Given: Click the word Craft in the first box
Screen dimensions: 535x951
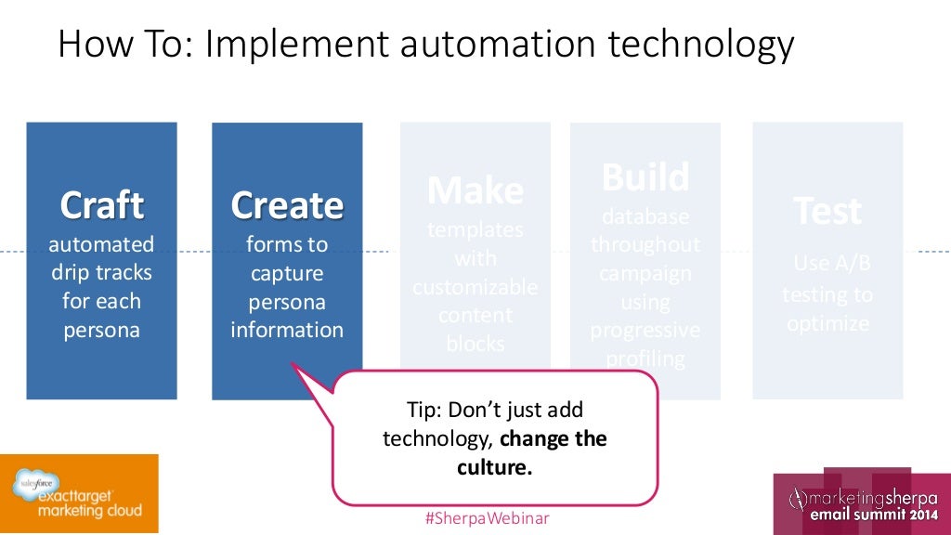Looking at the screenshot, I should [101, 205].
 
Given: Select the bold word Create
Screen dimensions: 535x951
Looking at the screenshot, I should [287, 205].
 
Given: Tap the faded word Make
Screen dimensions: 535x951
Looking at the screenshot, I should [475, 190].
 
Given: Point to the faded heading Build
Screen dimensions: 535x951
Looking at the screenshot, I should [645, 176].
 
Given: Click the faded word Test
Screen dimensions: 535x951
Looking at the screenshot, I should [827, 212].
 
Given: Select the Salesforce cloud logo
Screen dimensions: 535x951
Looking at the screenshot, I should [32, 482].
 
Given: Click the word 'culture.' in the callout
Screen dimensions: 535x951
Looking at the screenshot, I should [495, 467].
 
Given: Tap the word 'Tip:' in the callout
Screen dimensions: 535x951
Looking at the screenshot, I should [426, 410].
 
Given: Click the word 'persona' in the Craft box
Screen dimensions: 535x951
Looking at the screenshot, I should [101, 330].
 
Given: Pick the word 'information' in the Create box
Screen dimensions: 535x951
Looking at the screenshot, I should [287, 330].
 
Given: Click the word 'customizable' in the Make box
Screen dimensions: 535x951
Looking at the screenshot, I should [475, 287].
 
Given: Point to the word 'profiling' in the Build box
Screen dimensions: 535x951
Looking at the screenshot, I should [645, 359].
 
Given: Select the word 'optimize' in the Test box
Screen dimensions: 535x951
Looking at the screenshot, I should [827, 323].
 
